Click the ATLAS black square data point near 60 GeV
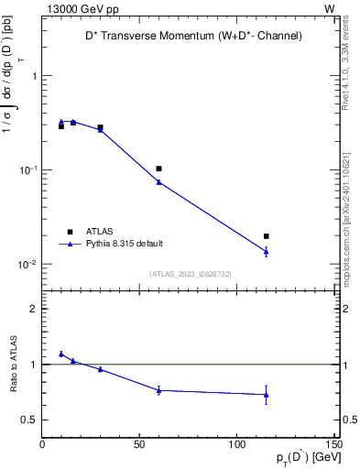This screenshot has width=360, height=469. pos(158,169)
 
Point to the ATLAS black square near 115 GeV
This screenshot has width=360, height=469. pos(266,236)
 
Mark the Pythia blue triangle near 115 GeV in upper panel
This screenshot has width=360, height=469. pos(266,251)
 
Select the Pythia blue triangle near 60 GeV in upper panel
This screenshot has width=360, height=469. pos(158,181)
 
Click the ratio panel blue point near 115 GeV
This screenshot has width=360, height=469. pos(266,395)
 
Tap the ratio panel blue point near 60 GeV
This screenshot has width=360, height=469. pos(158,390)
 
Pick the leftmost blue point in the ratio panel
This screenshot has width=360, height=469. pos(61,354)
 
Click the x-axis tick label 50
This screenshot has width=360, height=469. pos(139,444)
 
